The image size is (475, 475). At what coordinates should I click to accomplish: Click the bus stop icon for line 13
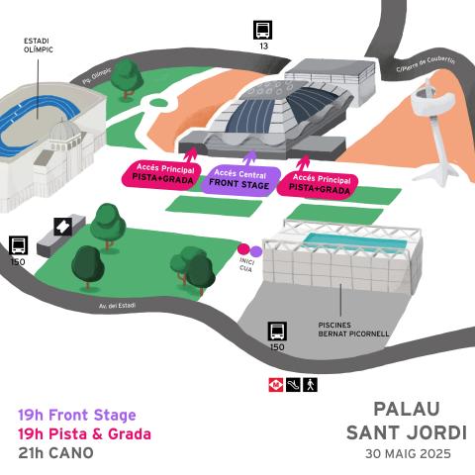(263, 30)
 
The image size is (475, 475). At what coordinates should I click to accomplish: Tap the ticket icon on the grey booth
(62, 227)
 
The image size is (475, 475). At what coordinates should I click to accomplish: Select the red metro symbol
(276, 383)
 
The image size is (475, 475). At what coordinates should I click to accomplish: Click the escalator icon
(293, 383)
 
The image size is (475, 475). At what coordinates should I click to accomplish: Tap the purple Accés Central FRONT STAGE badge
(239, 179)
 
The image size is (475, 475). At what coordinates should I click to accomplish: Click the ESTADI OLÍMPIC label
(39, 46)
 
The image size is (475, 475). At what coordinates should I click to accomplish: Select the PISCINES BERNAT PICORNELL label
(353, 330)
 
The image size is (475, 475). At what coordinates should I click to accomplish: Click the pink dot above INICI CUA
(243, 250)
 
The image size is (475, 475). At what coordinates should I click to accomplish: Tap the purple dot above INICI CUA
(255, 250)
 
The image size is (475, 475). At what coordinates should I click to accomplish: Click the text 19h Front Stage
(77, 415)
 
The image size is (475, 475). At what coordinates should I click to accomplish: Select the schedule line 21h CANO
(55, 452)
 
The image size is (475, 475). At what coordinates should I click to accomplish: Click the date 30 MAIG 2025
(407, 453)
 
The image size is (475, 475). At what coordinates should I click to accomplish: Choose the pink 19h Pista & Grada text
(84, 433)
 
